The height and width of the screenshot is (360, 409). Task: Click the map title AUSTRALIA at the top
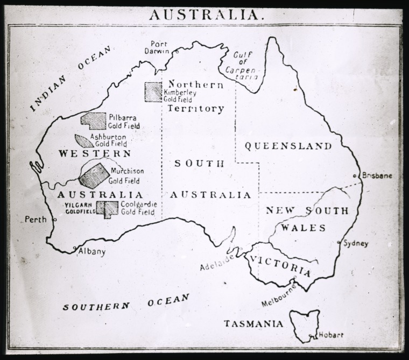click(x=207, y=15)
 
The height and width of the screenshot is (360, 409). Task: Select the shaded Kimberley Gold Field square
click(x=153, y=92)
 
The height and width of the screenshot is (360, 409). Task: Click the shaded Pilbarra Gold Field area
click(x=94, y=121)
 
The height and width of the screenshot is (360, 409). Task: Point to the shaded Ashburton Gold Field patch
click(x=83, y=141)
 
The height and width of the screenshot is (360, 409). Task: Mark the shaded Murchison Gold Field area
click(x=94, y=175)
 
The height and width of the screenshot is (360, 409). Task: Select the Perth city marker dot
click(x=54, y=219)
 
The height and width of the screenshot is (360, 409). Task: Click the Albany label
click(x=92, y=251)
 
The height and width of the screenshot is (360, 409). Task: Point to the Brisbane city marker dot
click(x=355, y=176)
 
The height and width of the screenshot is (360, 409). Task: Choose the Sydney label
click(x=356, y=243)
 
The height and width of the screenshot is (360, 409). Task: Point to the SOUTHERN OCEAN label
click(x=126, y=302)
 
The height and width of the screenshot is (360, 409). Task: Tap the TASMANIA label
click(x=253, y=323)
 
